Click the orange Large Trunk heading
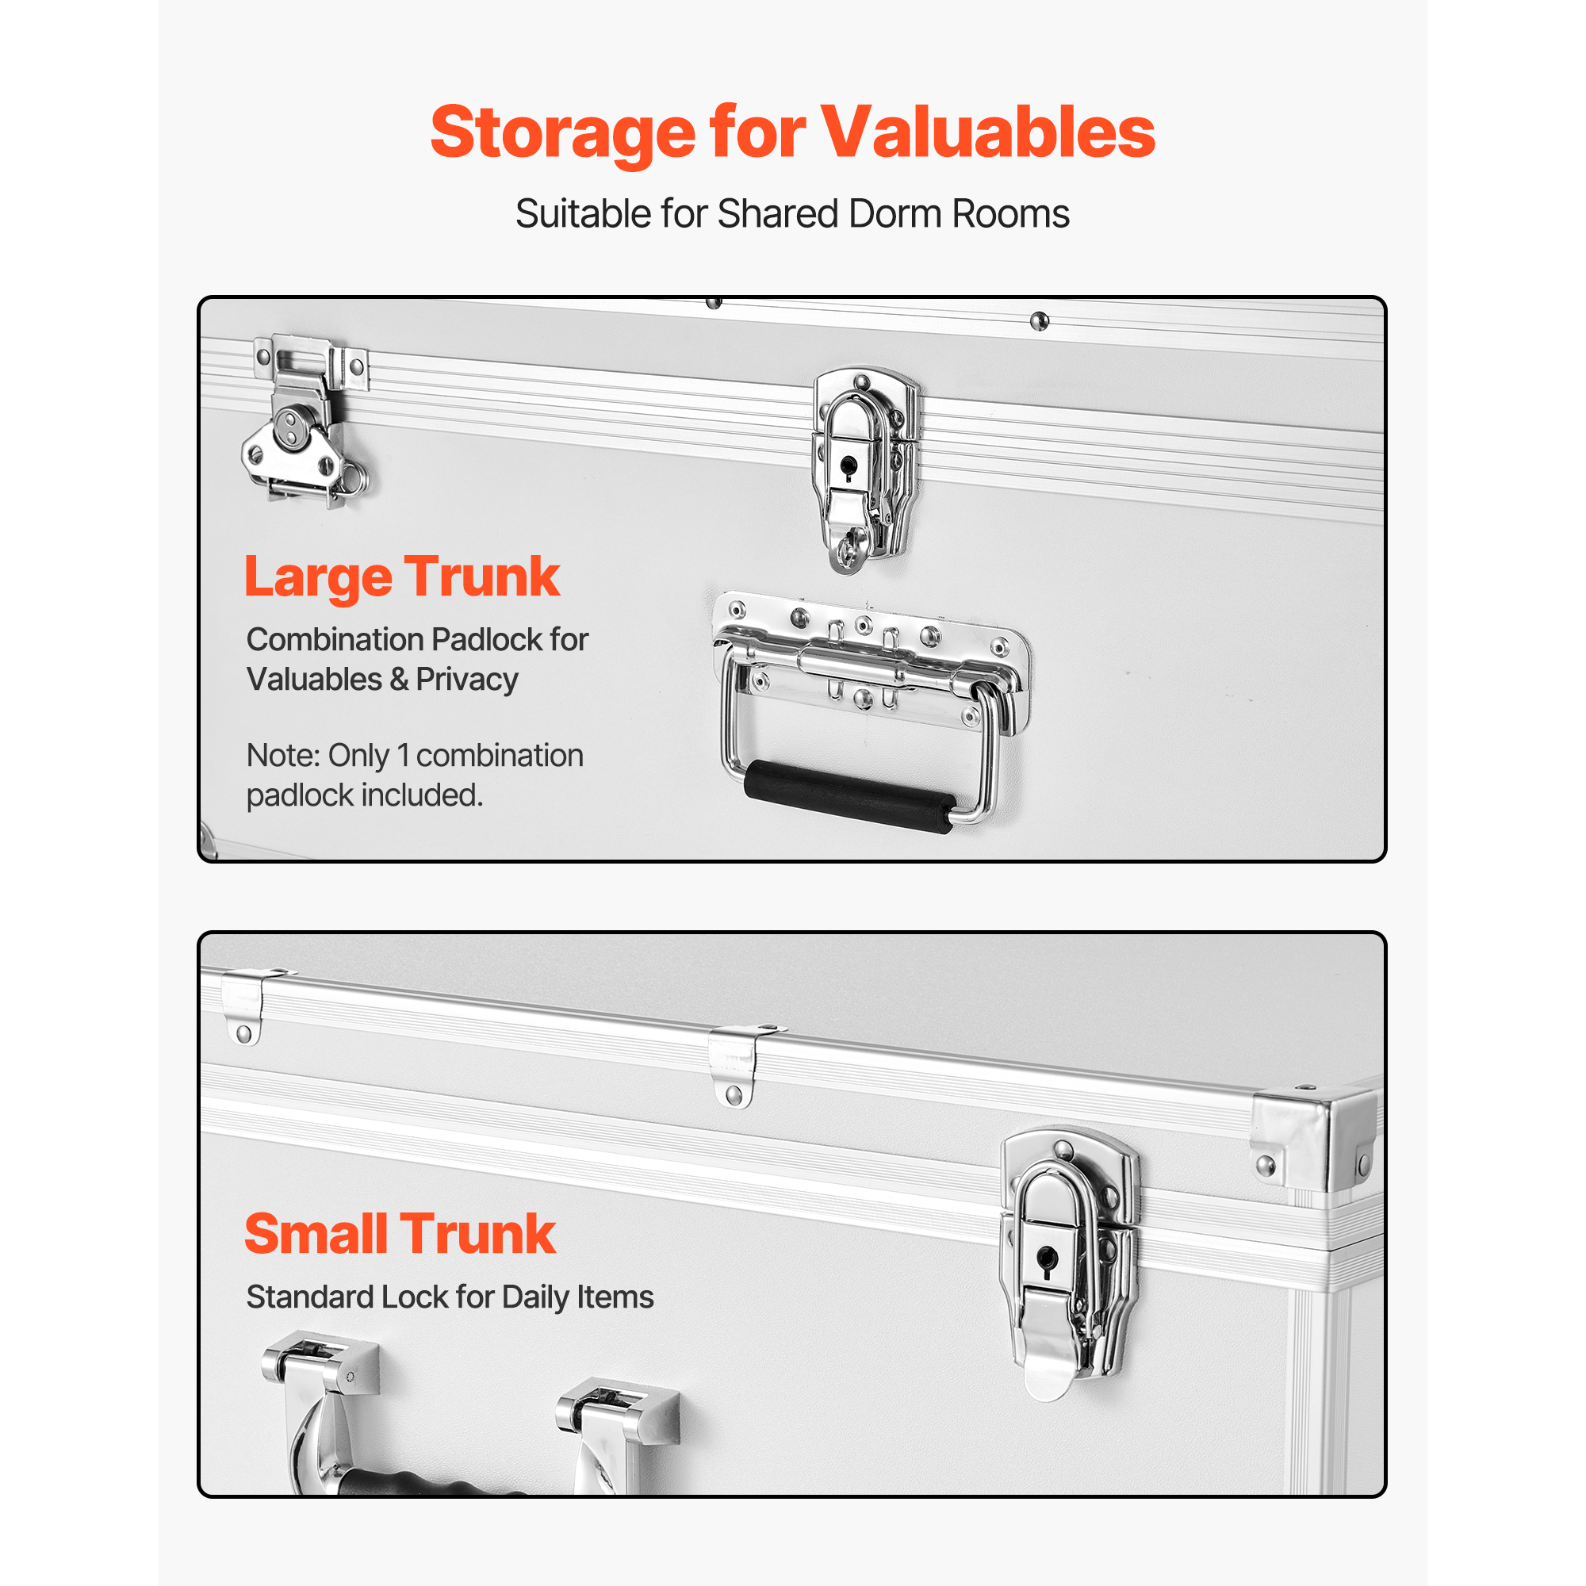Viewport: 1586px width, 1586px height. (x=402, y=578)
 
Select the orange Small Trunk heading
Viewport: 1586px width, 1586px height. (x=400, y=1234)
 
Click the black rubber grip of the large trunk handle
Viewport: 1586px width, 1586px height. (x=850, y=796)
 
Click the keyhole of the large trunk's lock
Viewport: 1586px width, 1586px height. (x=847, y=468)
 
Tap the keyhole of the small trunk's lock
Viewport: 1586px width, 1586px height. (x=1047, y=1260)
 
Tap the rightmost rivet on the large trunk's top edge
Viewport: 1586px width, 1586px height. (x=1040, y=321)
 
